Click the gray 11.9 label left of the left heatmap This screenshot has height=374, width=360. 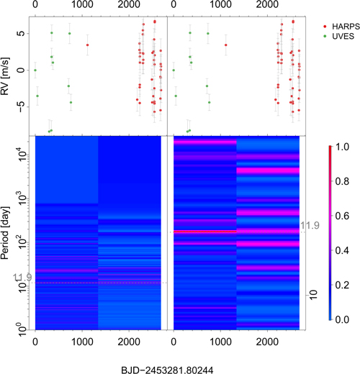(20, 277)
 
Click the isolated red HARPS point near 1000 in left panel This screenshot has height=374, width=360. (88, 45)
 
